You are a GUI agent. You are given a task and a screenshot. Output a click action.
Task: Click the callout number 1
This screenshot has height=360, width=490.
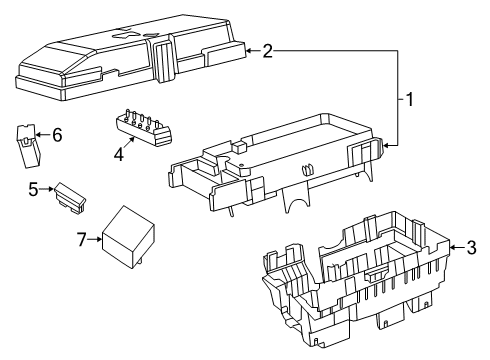(408, 99)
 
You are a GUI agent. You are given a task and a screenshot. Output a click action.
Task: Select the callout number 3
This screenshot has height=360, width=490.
(472, 247)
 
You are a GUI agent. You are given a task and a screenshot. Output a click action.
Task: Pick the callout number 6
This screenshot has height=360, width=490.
(56, 135)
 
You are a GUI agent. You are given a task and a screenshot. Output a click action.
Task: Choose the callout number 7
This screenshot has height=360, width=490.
(82, 239)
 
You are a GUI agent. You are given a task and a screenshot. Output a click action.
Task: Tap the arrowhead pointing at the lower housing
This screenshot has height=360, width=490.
(455, 247)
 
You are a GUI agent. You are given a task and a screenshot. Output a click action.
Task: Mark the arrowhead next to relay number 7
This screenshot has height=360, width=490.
(99, 239)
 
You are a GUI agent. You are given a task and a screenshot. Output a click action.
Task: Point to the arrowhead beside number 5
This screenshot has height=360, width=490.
(49, 187)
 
